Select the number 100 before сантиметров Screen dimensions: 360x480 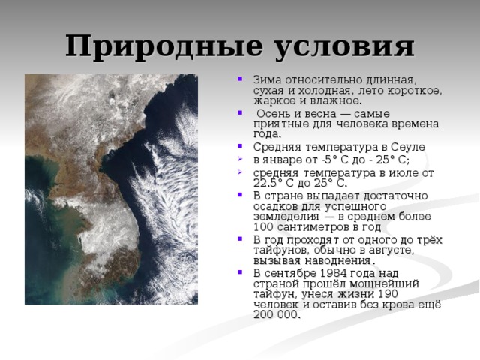coord(263,227)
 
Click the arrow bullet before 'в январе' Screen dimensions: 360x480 coord(239,160)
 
